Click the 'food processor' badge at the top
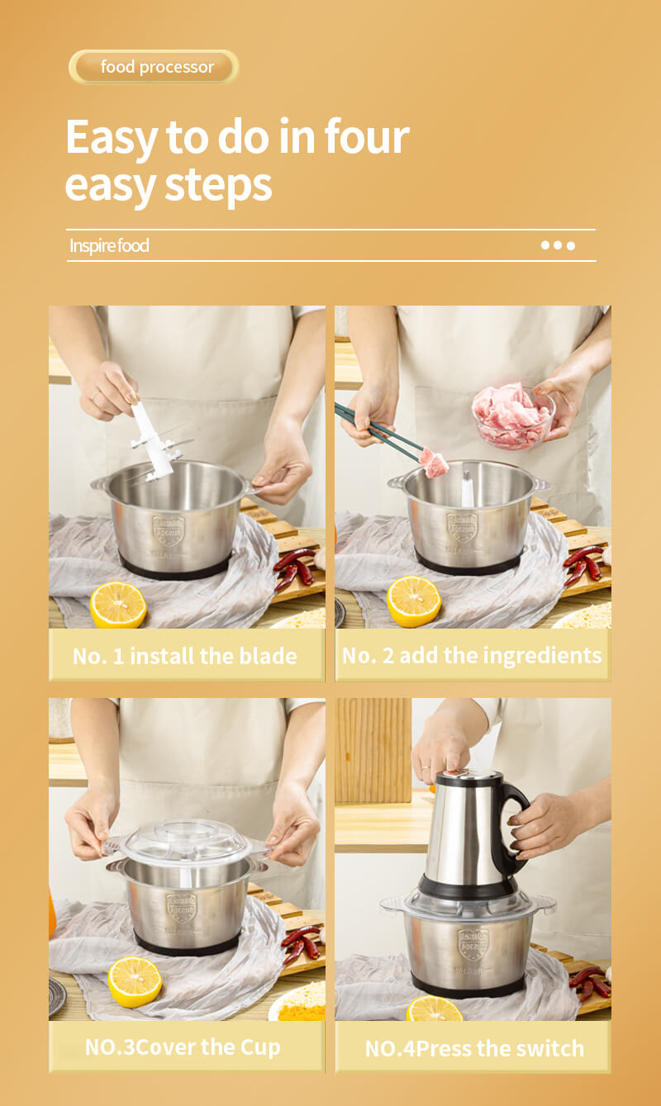(154, 67)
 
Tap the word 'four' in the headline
(367, 137)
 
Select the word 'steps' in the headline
(218, 186)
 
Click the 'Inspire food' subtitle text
(109, 245)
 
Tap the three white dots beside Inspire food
(558, 245)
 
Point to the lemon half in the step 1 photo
(118, 605)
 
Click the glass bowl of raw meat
(514, 416)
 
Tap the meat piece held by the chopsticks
(435, 463)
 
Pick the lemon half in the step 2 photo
(414, 601)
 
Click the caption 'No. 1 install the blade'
(185, 656)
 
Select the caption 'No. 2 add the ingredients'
(472, 656)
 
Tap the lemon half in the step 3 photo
(135, 981)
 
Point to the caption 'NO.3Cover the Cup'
(183, 1047)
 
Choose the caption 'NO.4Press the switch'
(474, 1048)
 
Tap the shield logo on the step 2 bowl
(462, 527)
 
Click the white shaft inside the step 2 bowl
(468, 489)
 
